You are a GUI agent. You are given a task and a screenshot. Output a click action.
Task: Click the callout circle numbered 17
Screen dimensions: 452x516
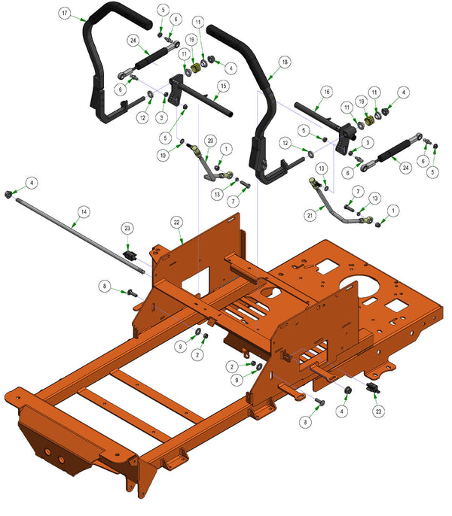pyautogui.click(x=65, y=14)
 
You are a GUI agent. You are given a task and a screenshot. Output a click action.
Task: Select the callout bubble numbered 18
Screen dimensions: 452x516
pyautogui.click(x=285, y=62)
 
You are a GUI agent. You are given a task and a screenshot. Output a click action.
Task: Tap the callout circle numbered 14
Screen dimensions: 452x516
pyautogui.click(x=84, y=211)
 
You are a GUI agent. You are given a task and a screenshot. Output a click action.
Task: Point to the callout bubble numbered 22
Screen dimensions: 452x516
pyautogui.click(x=177, y=223)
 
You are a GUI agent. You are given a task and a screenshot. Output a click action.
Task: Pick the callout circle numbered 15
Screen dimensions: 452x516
pyautogui.click(x=224, y=87)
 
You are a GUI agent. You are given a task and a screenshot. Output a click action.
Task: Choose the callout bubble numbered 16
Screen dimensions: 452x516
pyautogui.click(x=326, y=92)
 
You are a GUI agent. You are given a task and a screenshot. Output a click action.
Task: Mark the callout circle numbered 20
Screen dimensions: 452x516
pyautogui.click(x=210, y=141)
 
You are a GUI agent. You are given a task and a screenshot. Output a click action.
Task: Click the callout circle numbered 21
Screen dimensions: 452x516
pyautogui.click(x=310, y=216)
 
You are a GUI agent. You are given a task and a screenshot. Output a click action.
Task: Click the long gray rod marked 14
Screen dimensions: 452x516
pyautogui.click(x=79, y=235)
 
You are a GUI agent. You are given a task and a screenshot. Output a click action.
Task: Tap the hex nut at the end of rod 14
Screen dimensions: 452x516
pyautogui.click(x=8, y=194)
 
